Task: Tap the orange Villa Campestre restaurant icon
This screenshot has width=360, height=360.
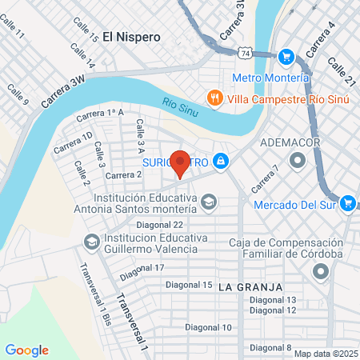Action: (x=214, y=98)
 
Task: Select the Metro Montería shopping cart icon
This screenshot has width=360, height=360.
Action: (x=286, y=57)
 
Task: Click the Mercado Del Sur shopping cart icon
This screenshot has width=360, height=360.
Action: (x=346, y=204)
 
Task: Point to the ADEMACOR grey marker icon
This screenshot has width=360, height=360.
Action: (x=298, y=162)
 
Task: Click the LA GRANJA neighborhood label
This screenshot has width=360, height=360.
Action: (x=249, y=286)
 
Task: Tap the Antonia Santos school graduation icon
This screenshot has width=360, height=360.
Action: (x=209, y=201)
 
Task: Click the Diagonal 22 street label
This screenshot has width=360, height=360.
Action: (x=160, y=225)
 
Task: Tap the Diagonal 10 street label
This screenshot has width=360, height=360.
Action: (x=205, y=327)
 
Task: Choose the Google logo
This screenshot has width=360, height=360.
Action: (x=26, y=350)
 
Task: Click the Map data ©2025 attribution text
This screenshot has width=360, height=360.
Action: (x=325, y=354)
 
